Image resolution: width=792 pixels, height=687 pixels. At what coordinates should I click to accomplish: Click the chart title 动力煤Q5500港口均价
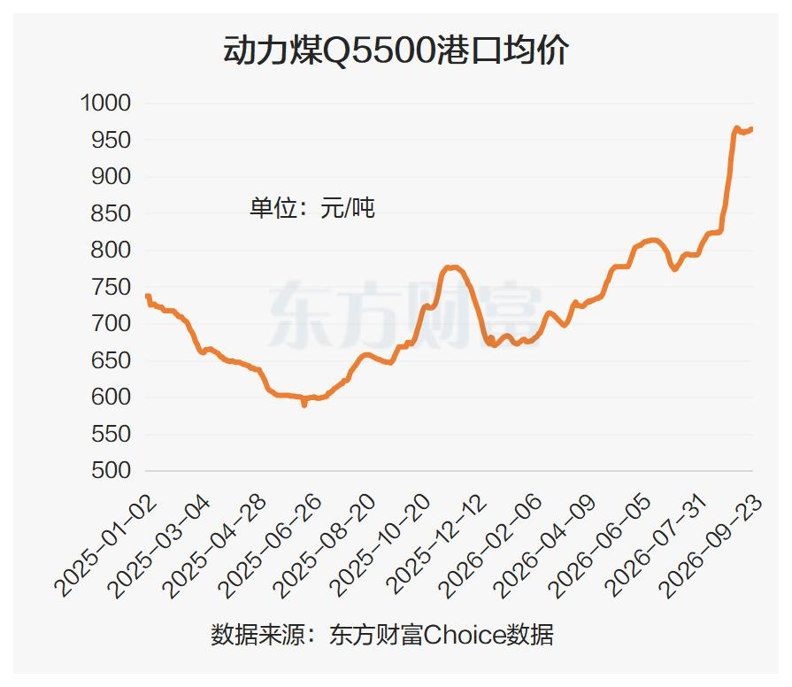pyautogui.click(x=396, y=50)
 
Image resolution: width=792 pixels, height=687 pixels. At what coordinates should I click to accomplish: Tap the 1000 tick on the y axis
pyautogui.click(x=105, y=103)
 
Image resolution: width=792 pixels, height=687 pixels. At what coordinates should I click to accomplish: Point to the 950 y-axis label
pyautogui.click(x=111, y=140)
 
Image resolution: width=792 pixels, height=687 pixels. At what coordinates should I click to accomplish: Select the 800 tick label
pyautogui.click(x=111, y=250)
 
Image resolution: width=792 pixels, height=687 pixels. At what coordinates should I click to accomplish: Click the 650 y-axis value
pyautogui.click(x=111, y=360)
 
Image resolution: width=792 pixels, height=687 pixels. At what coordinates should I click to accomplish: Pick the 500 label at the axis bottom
pyautogui.click(x=111, y=471)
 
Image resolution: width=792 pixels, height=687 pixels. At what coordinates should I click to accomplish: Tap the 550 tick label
pyautogui.click(x=111, y=434)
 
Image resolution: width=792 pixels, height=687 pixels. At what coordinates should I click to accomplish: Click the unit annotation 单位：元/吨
pyautogui.click(x=312, y=208)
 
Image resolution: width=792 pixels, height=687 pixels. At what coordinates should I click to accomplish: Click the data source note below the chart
pyautogui.click(x=382, y=635)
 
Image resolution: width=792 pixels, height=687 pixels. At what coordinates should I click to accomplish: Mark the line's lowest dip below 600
pyautogui.click(x=304, y=404)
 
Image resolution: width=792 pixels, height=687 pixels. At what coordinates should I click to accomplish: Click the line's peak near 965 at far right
pyautogui.click(x=736, y=128)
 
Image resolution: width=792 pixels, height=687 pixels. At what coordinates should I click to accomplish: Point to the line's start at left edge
pyautogui.click(x=147, y=296)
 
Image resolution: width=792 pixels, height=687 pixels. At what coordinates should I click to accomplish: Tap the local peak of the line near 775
pyautogui.click(x=452, y=267)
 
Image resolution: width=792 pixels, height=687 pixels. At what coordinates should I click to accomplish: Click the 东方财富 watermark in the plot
pyautogui.click(x=405, y=314)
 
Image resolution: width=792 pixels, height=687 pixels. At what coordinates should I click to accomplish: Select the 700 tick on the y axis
pyautogui.click(x=111, y=324)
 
